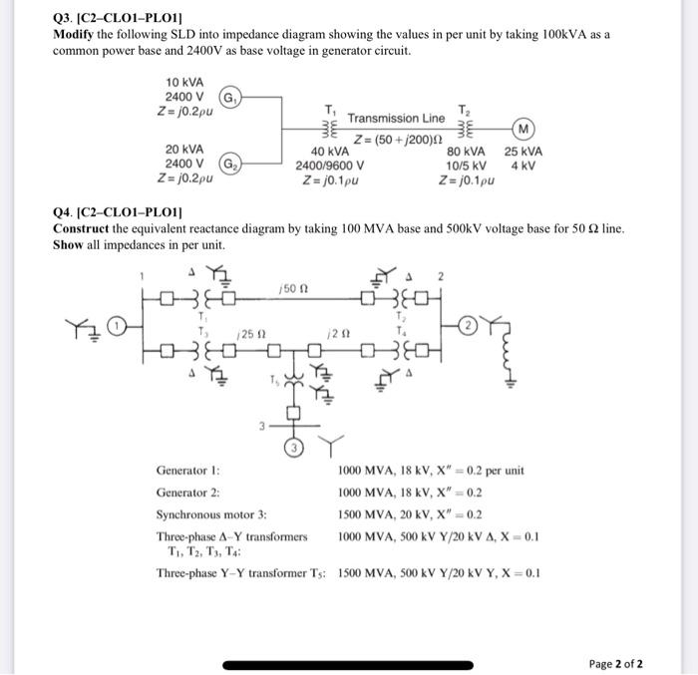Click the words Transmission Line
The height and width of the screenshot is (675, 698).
[396, 118]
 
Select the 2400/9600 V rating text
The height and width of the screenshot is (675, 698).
[330, 167]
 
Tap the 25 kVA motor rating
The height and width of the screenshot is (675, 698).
[523, 152]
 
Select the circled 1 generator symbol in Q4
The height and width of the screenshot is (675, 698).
[116, 324]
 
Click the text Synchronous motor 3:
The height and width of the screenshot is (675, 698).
[211, 514]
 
